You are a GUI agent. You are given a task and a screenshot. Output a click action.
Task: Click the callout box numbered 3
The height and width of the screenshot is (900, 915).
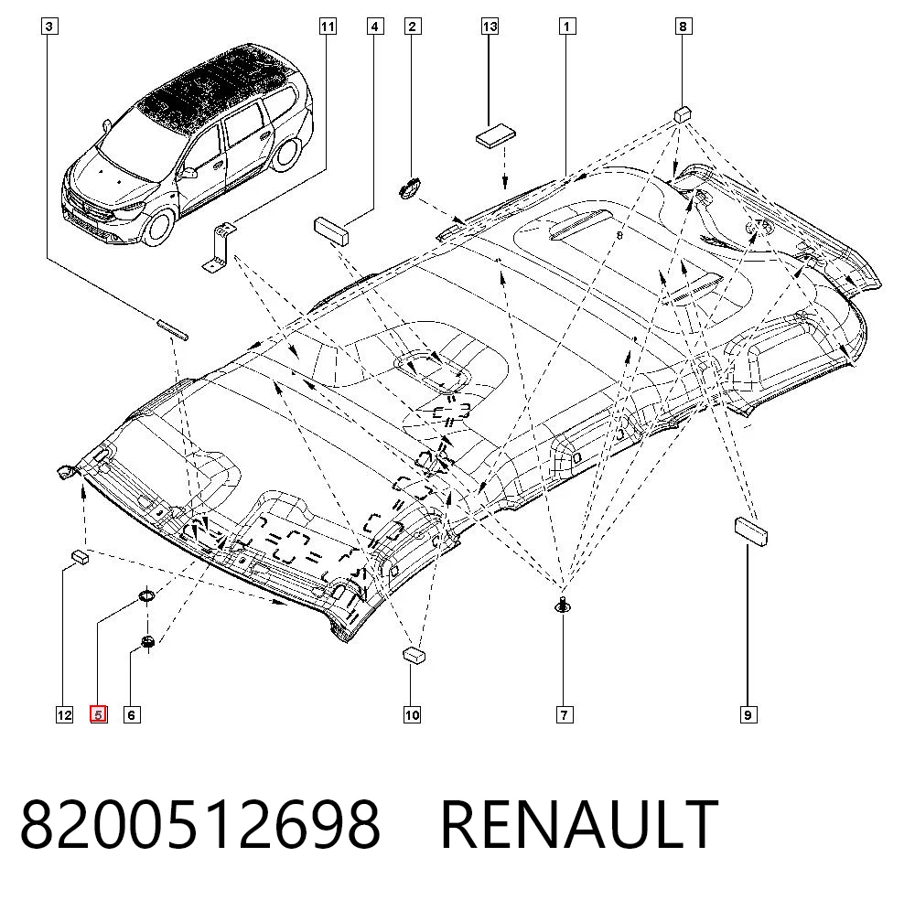pyautogui.click(x=49, y=27)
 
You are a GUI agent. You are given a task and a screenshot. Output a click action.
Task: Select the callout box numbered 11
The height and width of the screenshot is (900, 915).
pyautogui.click(x=328, y=27)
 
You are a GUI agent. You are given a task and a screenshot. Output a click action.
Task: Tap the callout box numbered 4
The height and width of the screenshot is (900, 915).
pyautogui.click(x=375, y=27)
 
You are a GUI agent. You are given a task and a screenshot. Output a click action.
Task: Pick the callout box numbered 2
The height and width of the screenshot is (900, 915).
pyautogui.click(x=413, y=27)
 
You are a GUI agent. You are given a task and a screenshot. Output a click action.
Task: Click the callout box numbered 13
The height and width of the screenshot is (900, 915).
pyautogui.click(x=490, y=27)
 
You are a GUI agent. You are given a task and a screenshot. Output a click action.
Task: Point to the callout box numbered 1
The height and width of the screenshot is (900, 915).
pyautogui.click(x=566, y=27)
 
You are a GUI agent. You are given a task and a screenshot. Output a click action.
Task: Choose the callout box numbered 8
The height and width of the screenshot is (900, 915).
pyautogui.click(x=684, y=27)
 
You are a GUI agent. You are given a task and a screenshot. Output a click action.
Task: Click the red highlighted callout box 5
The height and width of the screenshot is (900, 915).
pyautogui.click(x=98, y=714)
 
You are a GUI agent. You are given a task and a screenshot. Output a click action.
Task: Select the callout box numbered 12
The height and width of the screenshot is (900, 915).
pyautogui.click(x=64, y=714)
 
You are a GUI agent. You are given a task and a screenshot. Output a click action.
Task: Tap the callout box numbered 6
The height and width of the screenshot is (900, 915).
pyautogui.click(x=132, y=714)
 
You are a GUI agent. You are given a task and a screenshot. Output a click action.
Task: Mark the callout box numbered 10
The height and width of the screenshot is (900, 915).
pyautogui.click(x=412, y=714)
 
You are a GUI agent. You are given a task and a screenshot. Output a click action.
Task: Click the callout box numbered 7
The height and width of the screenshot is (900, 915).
pyautogui.click(x=565, y=714)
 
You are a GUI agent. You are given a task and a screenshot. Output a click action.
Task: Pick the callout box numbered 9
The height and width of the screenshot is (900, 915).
pyautogui.click(x=748, y=714)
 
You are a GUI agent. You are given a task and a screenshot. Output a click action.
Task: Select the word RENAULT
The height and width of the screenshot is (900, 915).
pyautogui.click(x=579, y=824)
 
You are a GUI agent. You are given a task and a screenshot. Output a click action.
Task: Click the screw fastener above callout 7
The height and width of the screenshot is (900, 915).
pyautogui.click(x=563, y=605)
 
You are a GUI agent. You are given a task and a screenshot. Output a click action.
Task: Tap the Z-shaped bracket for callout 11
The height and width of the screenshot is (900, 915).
pyautogui.click(x=219, y=247)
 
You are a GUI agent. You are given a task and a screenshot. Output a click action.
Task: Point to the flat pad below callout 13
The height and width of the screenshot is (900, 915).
pyautogui.click(x=496, y=134)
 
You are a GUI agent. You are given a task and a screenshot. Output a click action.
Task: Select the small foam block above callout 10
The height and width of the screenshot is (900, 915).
pyautogui.click(x=414, y=655)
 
